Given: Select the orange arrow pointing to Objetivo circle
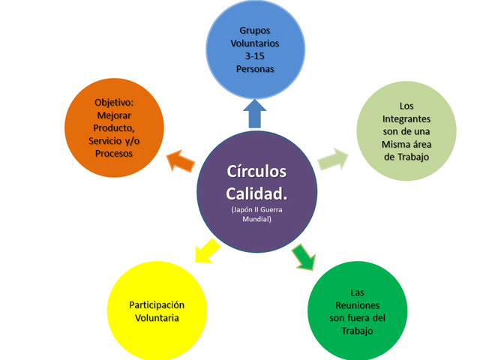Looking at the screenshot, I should coord(179,159).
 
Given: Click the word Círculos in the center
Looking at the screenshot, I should coord(256,170).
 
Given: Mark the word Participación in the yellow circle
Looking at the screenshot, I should coord(157,304).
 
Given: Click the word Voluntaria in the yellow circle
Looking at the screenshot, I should coord(157,317).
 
